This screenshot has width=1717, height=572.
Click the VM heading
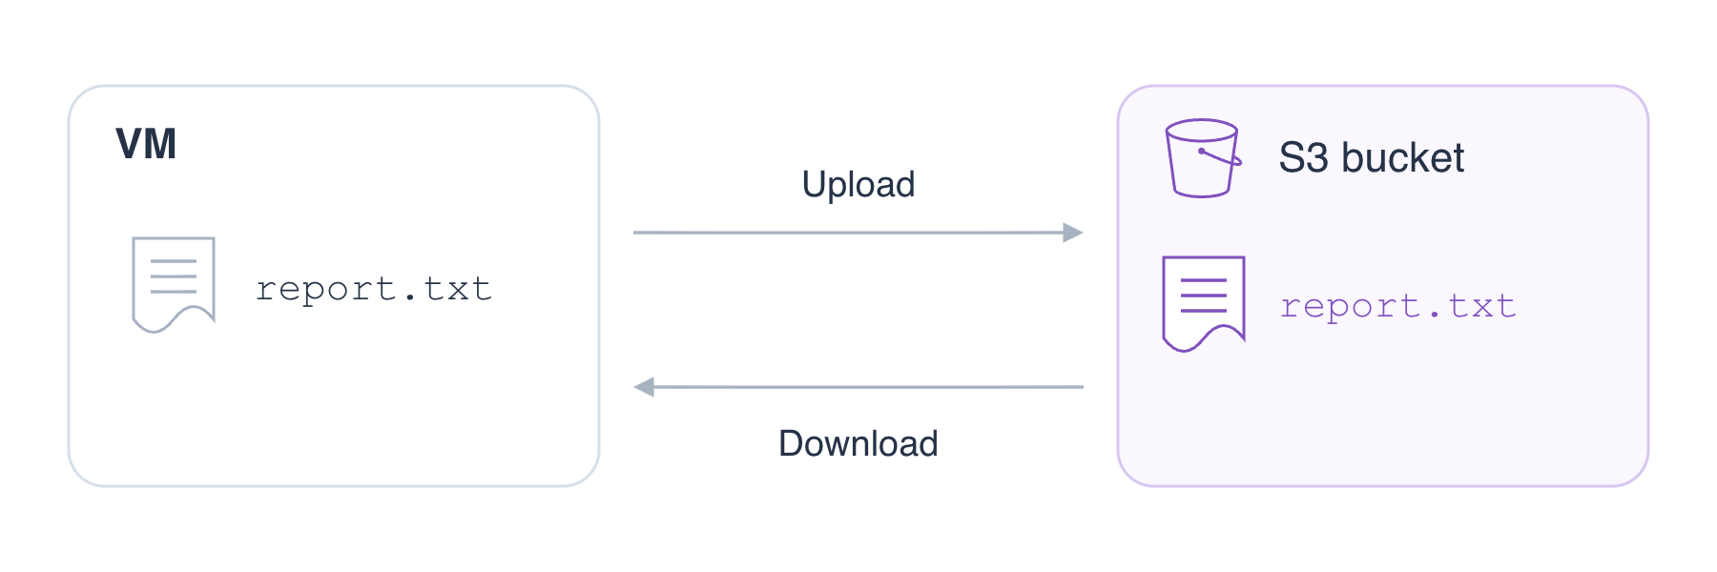146,144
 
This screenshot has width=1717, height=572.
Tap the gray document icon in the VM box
174,284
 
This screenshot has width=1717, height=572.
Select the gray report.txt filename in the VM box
374,289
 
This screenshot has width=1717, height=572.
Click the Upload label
858,185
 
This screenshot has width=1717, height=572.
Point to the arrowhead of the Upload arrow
1073,233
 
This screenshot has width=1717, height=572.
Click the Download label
858,443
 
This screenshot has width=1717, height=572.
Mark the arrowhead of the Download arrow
644,387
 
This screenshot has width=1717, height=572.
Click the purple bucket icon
1203,158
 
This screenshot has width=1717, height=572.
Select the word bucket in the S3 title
1402,157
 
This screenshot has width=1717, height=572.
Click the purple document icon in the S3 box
1204,303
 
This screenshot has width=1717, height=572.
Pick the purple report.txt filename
1398,307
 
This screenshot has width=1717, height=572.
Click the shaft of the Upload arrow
848,233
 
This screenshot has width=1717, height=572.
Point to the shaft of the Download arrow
869,387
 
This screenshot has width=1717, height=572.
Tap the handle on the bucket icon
1220,157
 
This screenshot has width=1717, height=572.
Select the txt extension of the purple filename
1482,307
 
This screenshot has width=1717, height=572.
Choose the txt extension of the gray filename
458,289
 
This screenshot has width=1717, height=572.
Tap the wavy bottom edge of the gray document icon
174,319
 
